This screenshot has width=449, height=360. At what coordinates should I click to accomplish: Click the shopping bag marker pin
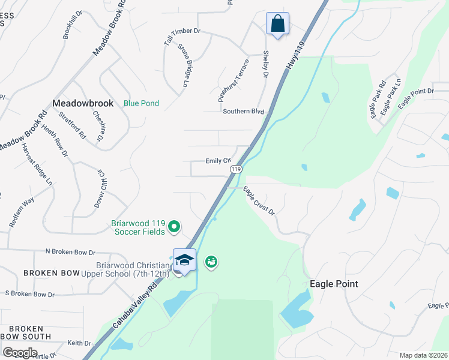click(x=277, y=24)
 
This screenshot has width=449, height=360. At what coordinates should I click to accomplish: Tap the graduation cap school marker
click(x=184, y=260)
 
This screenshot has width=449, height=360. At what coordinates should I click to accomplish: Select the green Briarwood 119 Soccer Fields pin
click(x=174, y=226)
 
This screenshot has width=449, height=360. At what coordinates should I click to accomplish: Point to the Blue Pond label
click(x=141, y=103)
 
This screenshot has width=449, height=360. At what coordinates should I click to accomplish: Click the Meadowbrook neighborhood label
click(x=83, y=103)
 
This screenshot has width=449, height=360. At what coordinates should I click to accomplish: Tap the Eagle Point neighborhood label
click(x=334, y=284)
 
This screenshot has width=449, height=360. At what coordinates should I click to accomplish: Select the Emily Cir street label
click(x=218, y=161)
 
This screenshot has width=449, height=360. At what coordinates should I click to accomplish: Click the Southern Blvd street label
click(x=243, y=112)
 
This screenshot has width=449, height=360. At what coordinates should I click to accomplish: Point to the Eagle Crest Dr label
click(x=259, y=201)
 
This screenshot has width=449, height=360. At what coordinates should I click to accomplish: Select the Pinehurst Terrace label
click(x=233, y=78)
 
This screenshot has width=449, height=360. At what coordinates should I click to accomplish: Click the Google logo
click(x=20, y=353)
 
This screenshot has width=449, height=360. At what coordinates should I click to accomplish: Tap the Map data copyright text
click(x=423, y=355)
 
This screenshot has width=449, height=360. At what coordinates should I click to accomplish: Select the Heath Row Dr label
click(x=55, y=140)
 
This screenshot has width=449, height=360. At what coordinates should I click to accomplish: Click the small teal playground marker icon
click(x=211, y=262)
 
